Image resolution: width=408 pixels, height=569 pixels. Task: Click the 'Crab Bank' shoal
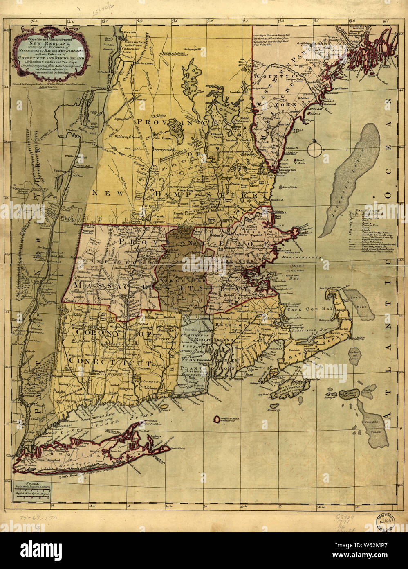pos(359,305)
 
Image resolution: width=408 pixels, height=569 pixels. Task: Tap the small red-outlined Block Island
pos(216,419)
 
